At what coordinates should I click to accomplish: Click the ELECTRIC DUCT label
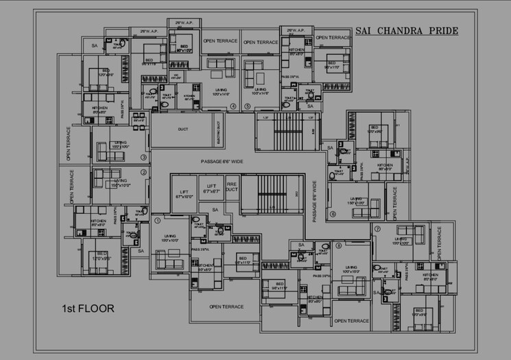point(218,130)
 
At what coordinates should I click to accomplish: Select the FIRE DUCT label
point(232,186)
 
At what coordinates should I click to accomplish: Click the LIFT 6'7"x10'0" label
point(184,194)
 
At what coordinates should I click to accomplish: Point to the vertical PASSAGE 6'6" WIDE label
point(315,200)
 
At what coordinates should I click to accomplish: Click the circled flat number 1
point(157,221)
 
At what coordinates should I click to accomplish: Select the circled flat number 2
point(143,173)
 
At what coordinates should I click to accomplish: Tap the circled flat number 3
point(143,157)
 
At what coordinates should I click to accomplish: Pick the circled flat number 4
point(233,107)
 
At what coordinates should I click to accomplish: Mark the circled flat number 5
point(248,107)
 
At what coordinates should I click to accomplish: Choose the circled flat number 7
point(377,230)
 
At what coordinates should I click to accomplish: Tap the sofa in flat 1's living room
point(169,262)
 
